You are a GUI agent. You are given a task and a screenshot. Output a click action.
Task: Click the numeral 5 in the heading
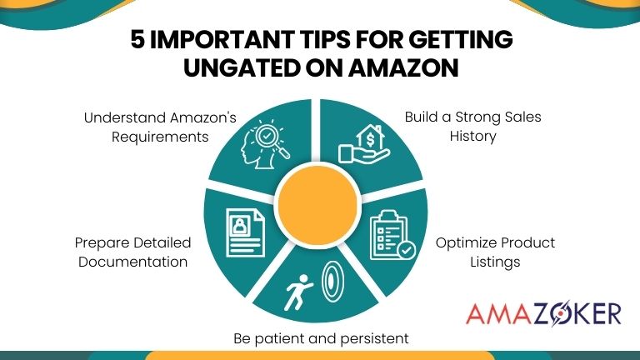[x=139, y=40]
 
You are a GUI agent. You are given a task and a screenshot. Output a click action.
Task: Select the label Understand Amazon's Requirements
[x=146, y=127]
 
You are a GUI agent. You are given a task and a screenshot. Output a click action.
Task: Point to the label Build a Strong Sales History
[x=472, y=126]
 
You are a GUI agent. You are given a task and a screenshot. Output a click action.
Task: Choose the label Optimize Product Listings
[x=495, y=252]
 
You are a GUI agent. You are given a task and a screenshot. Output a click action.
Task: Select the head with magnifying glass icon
[x=266, y=142]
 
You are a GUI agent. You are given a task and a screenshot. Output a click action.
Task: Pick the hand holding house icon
[x=363, y=140]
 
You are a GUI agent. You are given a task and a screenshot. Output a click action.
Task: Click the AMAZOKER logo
[x=544, y=313]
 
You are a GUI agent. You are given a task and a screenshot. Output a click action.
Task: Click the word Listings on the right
[x=495, y=261]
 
